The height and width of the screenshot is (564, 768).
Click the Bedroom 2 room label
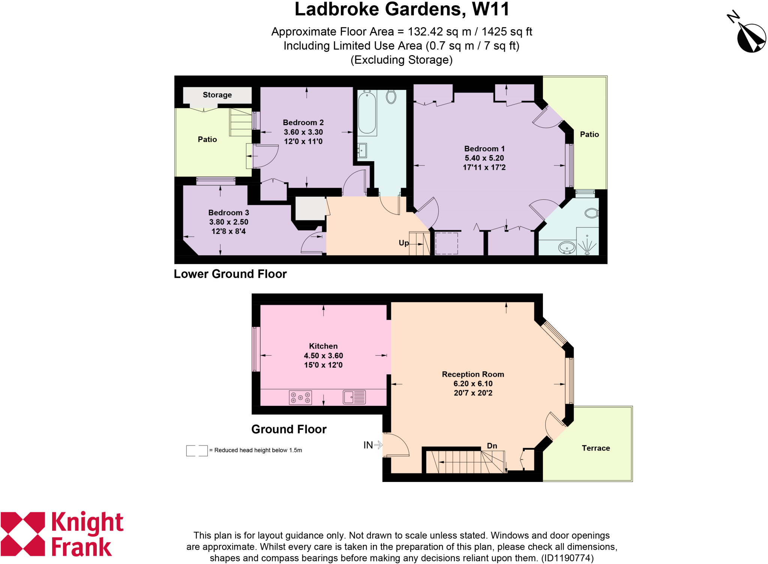click(x=303, y=123)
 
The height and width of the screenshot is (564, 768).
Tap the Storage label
click(x=217, y=95)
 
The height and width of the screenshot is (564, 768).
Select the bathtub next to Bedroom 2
click(x=367, y=113)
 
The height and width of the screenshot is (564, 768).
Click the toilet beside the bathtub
click(x=391, y=97)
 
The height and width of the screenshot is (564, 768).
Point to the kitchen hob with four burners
click(x=300, y=398)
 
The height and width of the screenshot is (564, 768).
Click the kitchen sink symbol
click(x=354, y=397)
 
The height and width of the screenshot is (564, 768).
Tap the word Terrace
click(x=595, y=448)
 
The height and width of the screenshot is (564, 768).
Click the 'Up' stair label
click(x=403, y=243)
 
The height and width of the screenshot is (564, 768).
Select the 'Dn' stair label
click(x=492, y=446)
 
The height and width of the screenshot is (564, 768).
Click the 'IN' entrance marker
click(x=368, y=445)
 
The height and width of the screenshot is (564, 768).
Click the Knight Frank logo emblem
click(x=23, y=534)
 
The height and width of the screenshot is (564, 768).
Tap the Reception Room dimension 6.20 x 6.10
click(x=473, y=383)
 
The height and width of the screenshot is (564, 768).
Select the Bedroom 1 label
click(x=484, y=149)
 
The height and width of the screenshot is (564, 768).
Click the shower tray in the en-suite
click(x=587, y=242)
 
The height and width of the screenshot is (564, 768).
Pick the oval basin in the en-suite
click(x=567, y=248)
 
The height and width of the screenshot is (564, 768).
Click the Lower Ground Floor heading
click(x=230, y=274)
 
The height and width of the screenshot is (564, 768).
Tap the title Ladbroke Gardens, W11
click(x=402, y=9)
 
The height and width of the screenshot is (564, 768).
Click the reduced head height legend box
click(x=197, y=450)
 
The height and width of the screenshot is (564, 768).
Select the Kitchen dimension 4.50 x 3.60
click(x=323, y=356)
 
